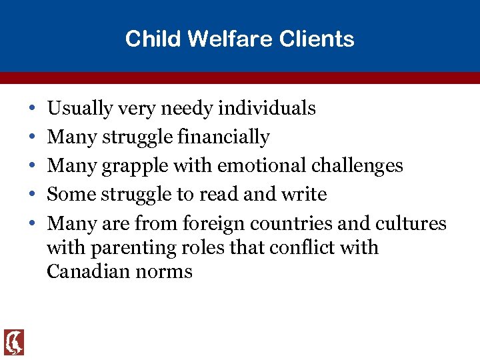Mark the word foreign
coord(214,223)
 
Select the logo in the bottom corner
coord(13,342)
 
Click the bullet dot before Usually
coord(33,109)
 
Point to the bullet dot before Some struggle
coord(33,195)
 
